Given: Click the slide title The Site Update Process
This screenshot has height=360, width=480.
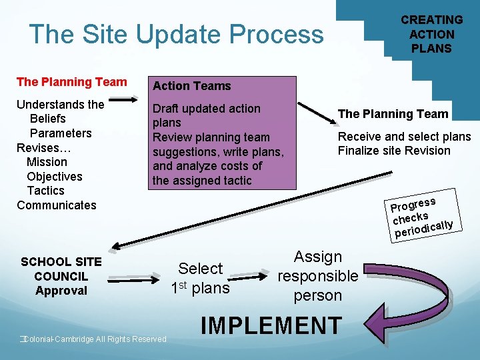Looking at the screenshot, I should [x=176, y=34].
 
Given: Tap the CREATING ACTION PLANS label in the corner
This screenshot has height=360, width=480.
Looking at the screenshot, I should [x=431, y=34].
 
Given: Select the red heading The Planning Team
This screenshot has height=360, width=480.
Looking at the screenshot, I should [x=71, y=82].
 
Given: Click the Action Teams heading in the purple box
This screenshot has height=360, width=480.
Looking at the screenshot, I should [x=191, y=86].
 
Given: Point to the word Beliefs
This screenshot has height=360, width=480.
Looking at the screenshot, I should [x=48, y=119].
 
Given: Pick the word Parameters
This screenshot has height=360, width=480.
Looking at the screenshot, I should [x=61, y=133].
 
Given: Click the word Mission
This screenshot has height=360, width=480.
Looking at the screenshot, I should [x=47, y=162].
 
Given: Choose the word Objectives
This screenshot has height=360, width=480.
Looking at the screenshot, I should [x=55, y=177].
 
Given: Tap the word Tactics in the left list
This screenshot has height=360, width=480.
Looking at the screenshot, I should [x=46, y=191].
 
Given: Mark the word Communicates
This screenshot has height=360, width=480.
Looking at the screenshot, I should [x=57, y=205].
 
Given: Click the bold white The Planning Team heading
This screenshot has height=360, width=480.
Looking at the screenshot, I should [x=393, y=114].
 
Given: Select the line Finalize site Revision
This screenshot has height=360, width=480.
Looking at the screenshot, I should [x=394, y=151].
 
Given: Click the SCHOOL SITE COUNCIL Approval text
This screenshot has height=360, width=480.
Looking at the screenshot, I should [x=61, y=276].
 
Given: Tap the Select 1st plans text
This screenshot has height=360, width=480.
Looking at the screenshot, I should [x=200, y=278].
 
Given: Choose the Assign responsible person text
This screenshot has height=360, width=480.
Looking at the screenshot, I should [x=318, y=276].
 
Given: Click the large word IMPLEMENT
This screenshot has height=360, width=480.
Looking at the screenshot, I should [x=271, y=326].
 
